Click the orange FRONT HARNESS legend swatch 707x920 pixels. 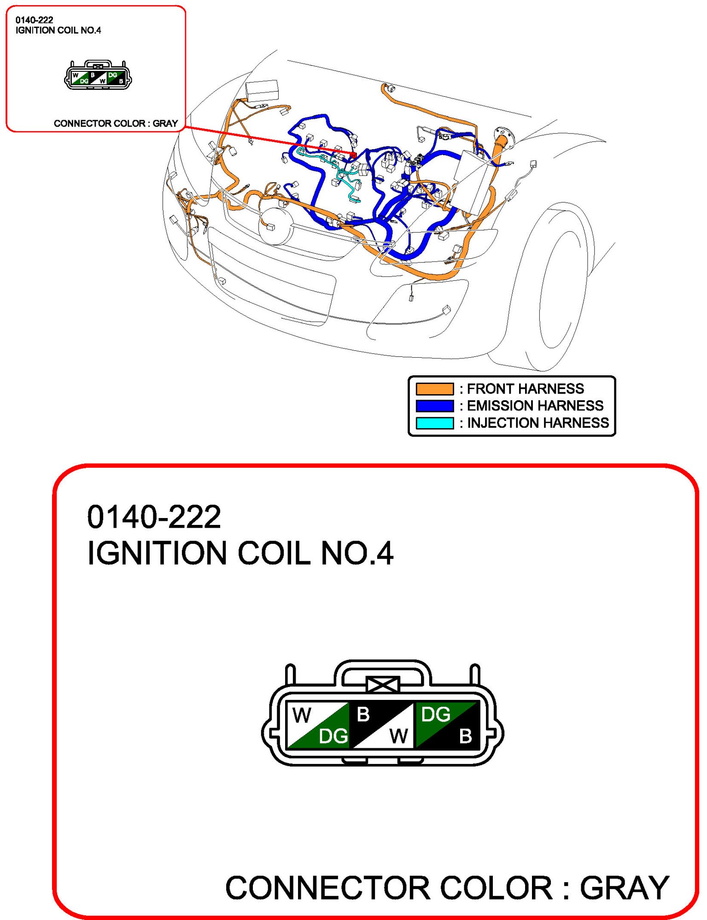coord(434,389)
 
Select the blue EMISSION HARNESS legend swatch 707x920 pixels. coord(434,406)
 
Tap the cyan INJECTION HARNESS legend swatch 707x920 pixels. coord(434,423)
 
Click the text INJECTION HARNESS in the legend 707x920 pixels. coord(538,423)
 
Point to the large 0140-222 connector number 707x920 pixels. coord(154,517)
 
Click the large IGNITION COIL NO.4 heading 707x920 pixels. coord(240,553)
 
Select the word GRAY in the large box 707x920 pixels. coord(624,887)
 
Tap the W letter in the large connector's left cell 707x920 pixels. coord(302,715)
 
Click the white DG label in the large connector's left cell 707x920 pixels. coord(333,736)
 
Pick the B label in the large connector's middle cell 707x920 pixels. coord(363,714)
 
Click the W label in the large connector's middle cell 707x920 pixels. coord(398,736)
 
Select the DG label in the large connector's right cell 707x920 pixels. coord(436,714)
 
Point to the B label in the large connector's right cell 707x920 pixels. coord(465,736)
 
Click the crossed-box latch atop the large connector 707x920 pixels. coord(383,685)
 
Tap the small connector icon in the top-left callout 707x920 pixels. coord(98,75)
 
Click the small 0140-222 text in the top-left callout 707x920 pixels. coord(34,20)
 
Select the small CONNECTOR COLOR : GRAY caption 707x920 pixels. coord(116,123)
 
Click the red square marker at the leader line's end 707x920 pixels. coord(354,155)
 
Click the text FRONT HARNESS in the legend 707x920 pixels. coord(526,389)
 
